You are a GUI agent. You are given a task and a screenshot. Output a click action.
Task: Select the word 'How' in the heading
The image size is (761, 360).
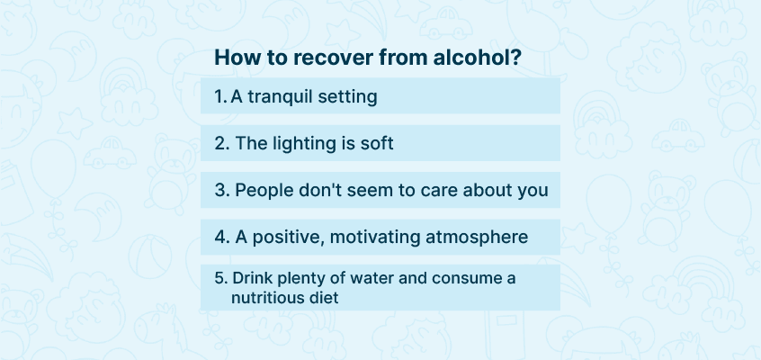tap(235, 58)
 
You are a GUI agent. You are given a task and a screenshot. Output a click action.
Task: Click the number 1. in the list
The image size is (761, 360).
tap(220, 96)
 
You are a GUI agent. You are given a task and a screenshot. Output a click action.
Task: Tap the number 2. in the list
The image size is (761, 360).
tap(222, 143)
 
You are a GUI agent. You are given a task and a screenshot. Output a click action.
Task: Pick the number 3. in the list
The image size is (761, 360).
tap(222, 191)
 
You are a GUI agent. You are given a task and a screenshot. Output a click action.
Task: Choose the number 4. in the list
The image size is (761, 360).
tap(222, 237)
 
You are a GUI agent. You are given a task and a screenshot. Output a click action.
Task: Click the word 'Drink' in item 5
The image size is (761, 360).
tap(246, 278)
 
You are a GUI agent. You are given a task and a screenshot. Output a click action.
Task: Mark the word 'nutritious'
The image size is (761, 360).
tap(261, 297)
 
